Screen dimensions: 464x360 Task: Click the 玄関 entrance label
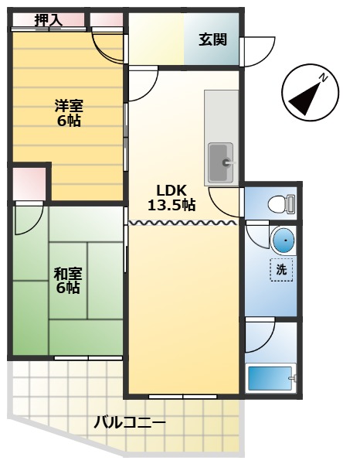pyautogui.click(x=212, y=39)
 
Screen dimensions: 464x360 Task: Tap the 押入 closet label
pyautogui.click(x=48, y=19)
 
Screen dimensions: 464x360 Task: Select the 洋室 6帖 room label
pyautogui.click(x=68, y=112)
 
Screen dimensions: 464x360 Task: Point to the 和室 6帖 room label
pyautogui.click(x=67, y=280)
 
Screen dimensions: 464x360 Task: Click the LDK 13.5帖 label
pyautogui.click(x=171, y=198)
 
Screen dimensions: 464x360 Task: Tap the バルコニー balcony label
pyautogui.click(x=130, y=423)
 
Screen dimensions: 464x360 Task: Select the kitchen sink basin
pyautogui.click(x=221, y=162)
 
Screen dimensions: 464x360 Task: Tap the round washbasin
pyautogui.click(x=283, y=241)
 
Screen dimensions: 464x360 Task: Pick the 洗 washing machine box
pyautogui.click(x=281, y=270)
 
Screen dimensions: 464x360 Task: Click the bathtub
pyautogui.click(x=270, y=379)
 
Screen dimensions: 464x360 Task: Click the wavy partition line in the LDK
pyautogui.click(x=182, y=223)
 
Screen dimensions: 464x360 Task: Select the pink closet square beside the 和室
pyautogui.click(x=29, y=183)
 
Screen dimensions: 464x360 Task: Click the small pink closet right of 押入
pyautogui.click(x=106, y=20)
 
